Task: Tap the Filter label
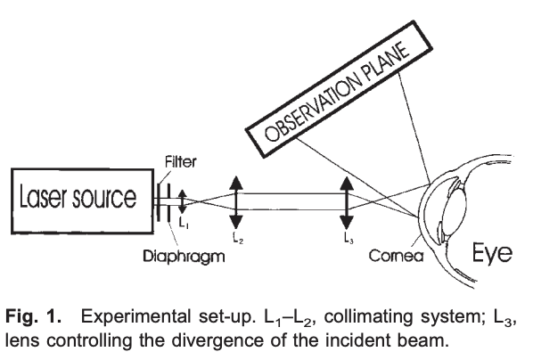(181, 162)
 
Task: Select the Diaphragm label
(184, 257)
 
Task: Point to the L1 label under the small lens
(184, 223)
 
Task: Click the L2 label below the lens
(238, 237)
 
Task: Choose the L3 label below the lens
(348, 238)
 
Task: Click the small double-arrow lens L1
(183, 201)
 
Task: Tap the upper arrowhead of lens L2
(236, 183)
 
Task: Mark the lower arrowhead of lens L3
(347, 222)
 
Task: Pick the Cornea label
(396, 256)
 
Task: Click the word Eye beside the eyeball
(492, 252)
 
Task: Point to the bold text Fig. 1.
(33, 316)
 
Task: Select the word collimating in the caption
(368, 317)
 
